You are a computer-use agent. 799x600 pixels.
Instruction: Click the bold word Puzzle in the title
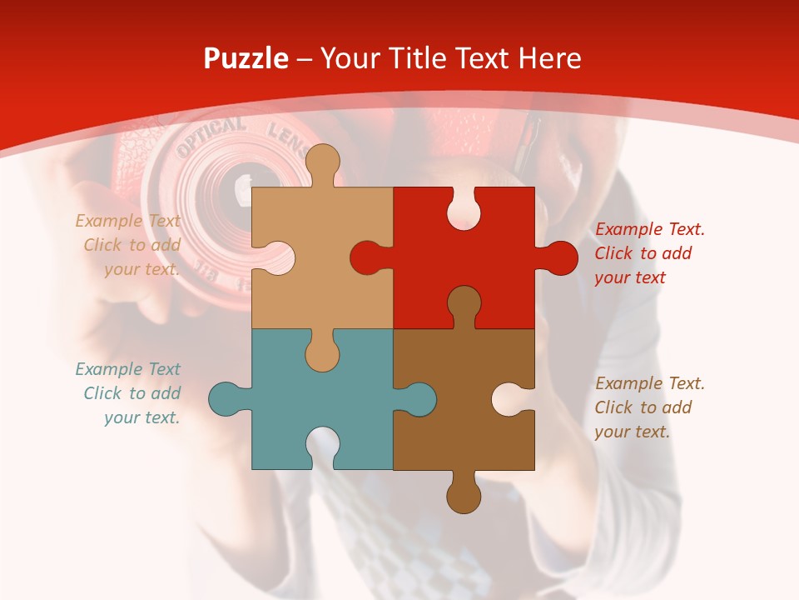coord(246,58)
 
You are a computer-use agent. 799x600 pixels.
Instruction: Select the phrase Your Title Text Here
coord(450,58)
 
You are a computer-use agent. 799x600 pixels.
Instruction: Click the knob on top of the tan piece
coord(322,163)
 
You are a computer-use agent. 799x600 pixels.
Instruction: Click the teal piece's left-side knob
coord(226,399)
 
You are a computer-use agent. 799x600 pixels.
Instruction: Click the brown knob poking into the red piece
coord(464,303)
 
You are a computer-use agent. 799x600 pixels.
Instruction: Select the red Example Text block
coord(648,253)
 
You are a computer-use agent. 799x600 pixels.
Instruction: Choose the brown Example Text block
coord(648,407)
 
